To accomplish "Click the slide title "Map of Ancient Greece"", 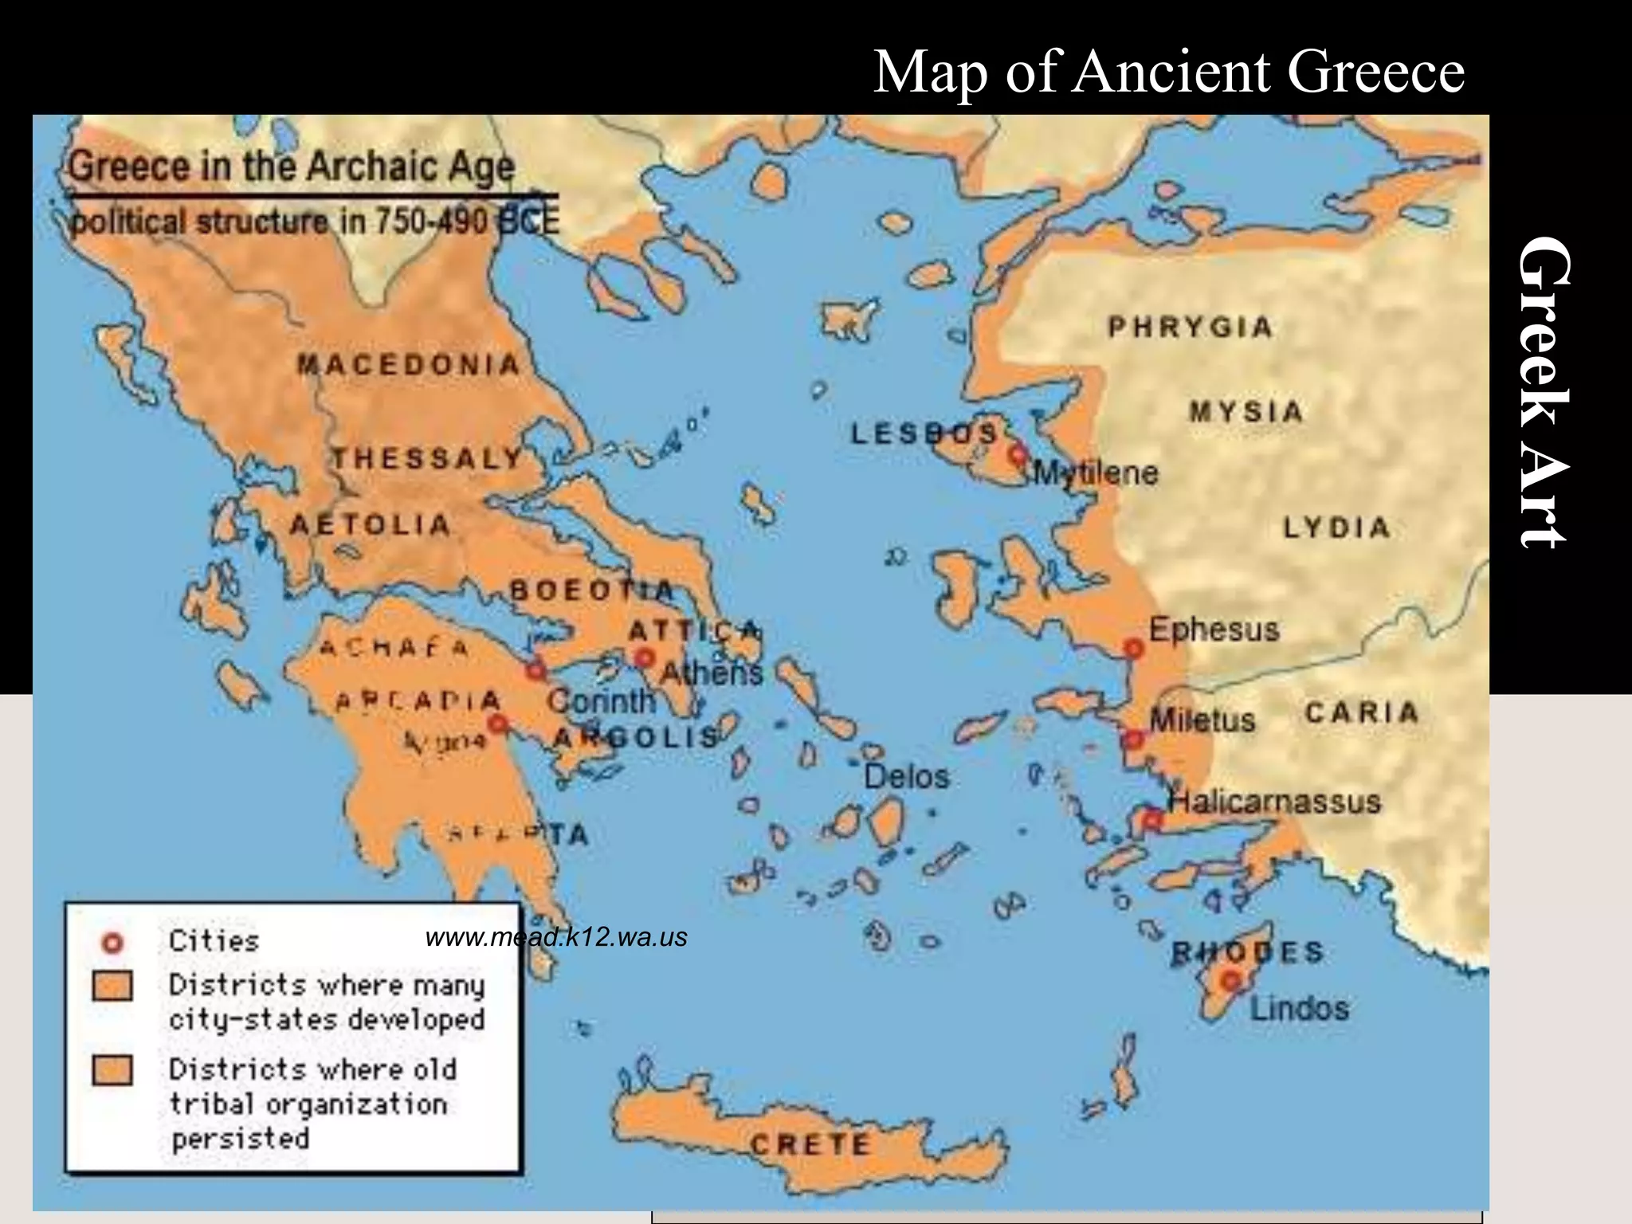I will coord(1168,72).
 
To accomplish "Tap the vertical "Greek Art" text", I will coord(1544,392).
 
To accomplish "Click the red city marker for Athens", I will coord(644,658).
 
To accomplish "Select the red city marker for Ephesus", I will coord(1133,648).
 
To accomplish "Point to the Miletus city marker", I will coord(1132,739).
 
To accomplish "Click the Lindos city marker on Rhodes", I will coord(1231,979).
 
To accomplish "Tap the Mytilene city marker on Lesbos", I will coord(1017,454).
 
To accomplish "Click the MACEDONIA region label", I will coord(409,365).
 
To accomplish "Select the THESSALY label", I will coord(427,459).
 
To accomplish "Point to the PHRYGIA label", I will coord(1190,328).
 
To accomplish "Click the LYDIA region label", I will coord(1336,528).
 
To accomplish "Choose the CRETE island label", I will coord(810,1144).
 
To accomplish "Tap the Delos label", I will coord(907,777).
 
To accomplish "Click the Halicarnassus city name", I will coord(1274,801).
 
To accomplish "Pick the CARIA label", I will coord(1361,712).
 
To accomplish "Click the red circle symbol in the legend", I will coord(112,943).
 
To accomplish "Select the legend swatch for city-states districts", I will coord(112,986).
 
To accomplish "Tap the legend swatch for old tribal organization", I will coord(112,1070).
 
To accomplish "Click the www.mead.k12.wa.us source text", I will coord(556,937).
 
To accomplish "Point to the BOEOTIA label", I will coord(591,590).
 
